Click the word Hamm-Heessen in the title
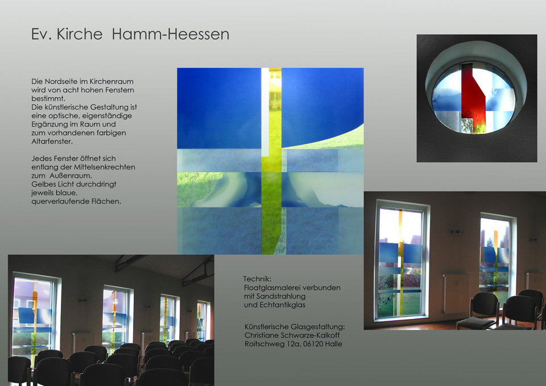[x=170, y=34]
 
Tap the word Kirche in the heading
[x=80, y=34]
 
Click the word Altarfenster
[x=52, y=142]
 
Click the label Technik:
[x=257, y=279]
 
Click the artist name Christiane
[x=262, y=335]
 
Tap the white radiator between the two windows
[x=455, y=293]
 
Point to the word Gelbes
[x=43, y=184]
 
